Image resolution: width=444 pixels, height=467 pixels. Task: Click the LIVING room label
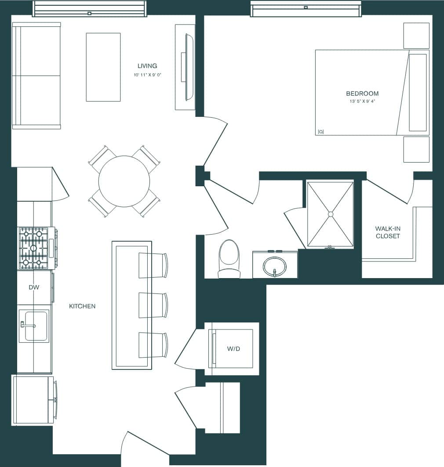[147, 66]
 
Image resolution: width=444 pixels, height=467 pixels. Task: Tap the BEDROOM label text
[362, 94]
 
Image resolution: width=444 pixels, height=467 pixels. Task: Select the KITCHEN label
[82, 306]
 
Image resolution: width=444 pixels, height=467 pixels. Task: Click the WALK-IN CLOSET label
[387, 232]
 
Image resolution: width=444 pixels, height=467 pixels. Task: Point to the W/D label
[233, 349]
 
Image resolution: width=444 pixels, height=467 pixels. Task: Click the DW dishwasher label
[34, 287]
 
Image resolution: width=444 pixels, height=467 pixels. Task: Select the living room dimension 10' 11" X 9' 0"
[148, 75]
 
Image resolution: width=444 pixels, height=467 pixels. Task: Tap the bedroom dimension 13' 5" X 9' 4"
[362, 101]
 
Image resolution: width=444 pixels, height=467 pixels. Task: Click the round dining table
[124, 181]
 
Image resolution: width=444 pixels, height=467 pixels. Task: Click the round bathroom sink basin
[274, 266]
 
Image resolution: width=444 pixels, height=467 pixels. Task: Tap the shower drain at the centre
[330, 214]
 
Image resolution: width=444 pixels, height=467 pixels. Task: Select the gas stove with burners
[33, 248]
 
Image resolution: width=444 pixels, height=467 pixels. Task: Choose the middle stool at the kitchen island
[153, 305]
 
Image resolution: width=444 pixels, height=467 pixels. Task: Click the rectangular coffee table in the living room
[103, 67]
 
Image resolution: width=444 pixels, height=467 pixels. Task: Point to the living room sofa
[36, 76]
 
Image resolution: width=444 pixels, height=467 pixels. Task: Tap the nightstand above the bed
[416, 36]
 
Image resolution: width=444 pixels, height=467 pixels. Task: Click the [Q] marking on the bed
[320, 131]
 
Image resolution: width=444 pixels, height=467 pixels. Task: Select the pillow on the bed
[418, 92]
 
